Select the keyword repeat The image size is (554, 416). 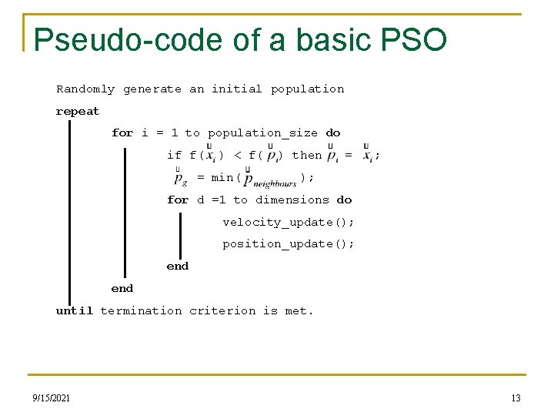coord(78,111)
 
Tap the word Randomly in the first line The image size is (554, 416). coord(85,89)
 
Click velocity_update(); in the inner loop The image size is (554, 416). coord(289,222)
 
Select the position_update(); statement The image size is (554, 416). coord(289,243)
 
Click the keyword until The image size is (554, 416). coord(75,310)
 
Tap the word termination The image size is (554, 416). coord(141,310)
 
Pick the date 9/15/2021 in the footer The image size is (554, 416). coord(52,398)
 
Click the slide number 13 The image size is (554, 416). coord(516,398)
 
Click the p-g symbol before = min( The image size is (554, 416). coord(180,179)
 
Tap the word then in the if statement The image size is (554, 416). coord(307,155)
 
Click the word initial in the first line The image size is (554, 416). coord(237,89)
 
